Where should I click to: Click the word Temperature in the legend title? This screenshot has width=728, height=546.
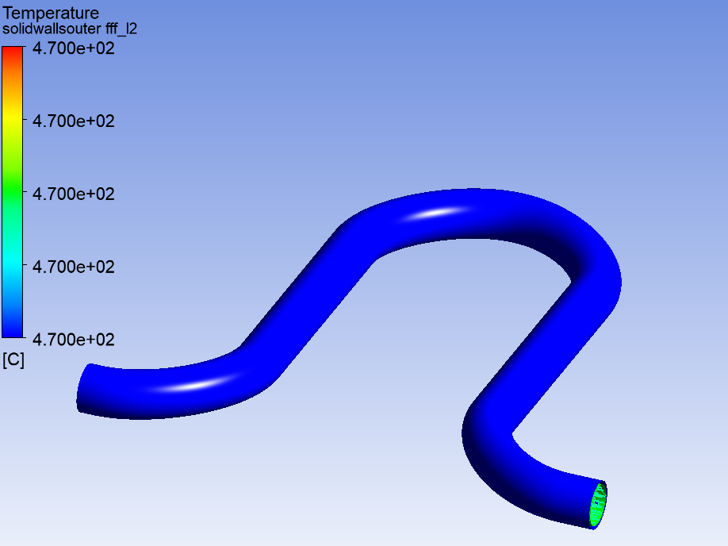(51, 13)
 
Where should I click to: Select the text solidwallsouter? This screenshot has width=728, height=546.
(52, 29)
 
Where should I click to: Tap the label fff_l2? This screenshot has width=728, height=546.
(121, 29)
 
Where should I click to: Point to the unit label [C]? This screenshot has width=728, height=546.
(13, 360)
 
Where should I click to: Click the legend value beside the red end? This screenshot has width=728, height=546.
(74, 48)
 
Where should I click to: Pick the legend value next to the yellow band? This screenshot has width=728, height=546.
(74, 121)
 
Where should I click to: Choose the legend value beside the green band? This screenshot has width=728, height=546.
(74, 194)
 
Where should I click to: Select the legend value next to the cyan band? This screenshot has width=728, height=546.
(74, 267)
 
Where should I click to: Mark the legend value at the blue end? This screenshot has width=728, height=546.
(74, 340)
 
